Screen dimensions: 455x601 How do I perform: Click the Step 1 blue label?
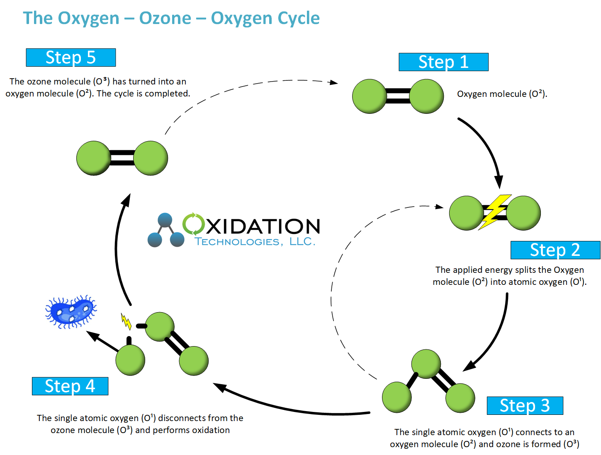tap(443, 62)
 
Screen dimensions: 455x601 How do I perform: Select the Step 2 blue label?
tap(555, 250)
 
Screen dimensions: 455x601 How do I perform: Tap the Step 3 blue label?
tap(525, 405)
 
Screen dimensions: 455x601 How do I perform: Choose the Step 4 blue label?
tap(70, 386)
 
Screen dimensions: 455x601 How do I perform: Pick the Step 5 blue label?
tap(71, 57)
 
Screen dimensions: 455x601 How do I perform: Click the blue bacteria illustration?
tap(71, 311)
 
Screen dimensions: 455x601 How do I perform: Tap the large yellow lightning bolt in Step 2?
tap(495, 212)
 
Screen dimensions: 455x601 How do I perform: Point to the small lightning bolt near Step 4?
tap(126, 321)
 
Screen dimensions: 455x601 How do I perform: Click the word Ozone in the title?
tap(165, 18)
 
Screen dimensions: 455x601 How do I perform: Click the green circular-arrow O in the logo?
tap(193, 224)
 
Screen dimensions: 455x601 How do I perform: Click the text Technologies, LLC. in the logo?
tap(255, 242)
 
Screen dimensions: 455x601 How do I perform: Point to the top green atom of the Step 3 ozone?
tap(426, 364)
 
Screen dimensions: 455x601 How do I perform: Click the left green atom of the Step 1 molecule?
tap(369, 96)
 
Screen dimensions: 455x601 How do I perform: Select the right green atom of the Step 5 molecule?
tap(151, 158)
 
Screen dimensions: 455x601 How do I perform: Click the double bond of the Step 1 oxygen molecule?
tap(398, 96)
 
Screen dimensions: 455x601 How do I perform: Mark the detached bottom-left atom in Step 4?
tap(130, 360)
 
